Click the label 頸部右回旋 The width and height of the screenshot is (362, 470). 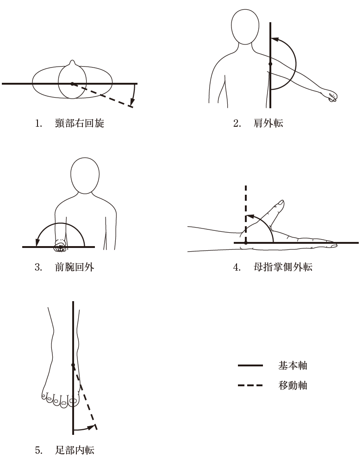pyautogui.click(x=80, y=123)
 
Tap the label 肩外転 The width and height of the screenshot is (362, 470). pyautogui.click(x=268, y=123)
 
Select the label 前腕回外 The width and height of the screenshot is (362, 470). pyautogui.click(x=75, y=267)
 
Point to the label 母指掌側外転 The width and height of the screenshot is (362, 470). pyautogui.click(x=283, y=267)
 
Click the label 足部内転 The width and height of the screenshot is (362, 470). pyautogui.click(x=75, y=450)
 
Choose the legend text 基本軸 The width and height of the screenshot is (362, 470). pyautogui.click(x=293, y=365)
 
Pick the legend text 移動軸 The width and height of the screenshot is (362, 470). pyautogui.click(x=293, y=385)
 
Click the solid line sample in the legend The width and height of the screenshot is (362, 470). pyautogui.click(x=250, y=365)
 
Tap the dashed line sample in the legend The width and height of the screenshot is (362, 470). pyautogui.click(x=250, y=385)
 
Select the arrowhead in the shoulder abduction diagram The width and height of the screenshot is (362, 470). pyautogui.click(x=275, y=39)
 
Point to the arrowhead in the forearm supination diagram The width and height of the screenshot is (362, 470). pyautogui.click(x=38, y=242)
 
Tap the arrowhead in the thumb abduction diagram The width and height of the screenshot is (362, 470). pyautogui.click(x=250, y=216)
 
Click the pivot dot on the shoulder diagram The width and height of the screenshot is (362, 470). pyautogui.click(x=270, y=64)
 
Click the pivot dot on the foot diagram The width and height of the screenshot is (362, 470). pyautogui.click(x=73, y=365)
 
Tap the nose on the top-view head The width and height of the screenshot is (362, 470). pyautogui.click(x=72, y=63)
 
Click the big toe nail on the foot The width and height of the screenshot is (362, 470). pyautogui.click(x=73, y=401)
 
